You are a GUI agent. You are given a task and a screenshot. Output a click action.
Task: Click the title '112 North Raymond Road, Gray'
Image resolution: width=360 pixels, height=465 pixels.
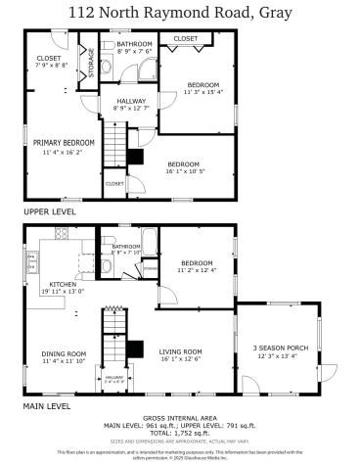point(180,12)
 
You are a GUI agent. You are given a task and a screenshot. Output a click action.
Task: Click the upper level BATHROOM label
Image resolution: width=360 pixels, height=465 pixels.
point(134,45)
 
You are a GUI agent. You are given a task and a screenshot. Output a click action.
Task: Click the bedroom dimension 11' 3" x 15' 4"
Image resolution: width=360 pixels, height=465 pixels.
point(202,93)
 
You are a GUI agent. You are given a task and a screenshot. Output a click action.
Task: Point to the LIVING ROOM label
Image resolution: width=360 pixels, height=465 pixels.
point(181,351)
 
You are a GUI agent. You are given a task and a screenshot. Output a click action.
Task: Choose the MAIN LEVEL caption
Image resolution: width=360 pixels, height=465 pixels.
point(46,405)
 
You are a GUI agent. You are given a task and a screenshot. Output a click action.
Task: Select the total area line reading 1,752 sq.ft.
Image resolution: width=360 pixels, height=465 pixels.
point(180,433)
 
